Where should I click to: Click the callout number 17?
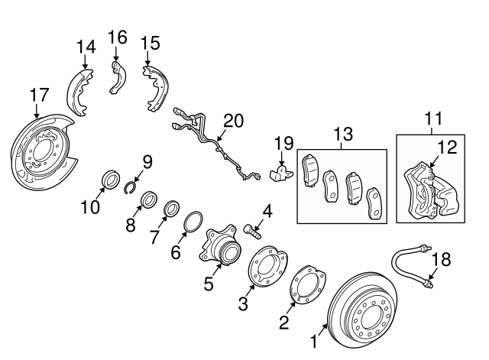[39, 95]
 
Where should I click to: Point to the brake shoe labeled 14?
[79, 84]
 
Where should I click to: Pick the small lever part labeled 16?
[116, 76]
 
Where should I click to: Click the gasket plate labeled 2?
[305, 286]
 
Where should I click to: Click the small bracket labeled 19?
[282, 173]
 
